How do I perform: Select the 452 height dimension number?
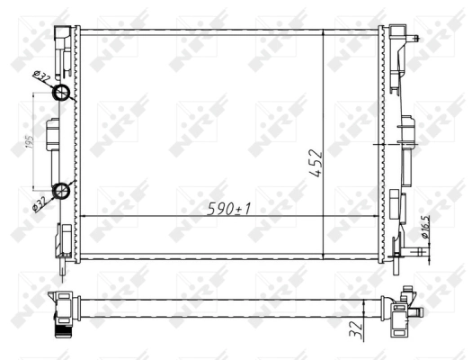316,163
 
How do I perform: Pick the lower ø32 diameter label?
40,202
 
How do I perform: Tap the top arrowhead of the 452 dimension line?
323,32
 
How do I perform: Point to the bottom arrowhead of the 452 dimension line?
323,258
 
